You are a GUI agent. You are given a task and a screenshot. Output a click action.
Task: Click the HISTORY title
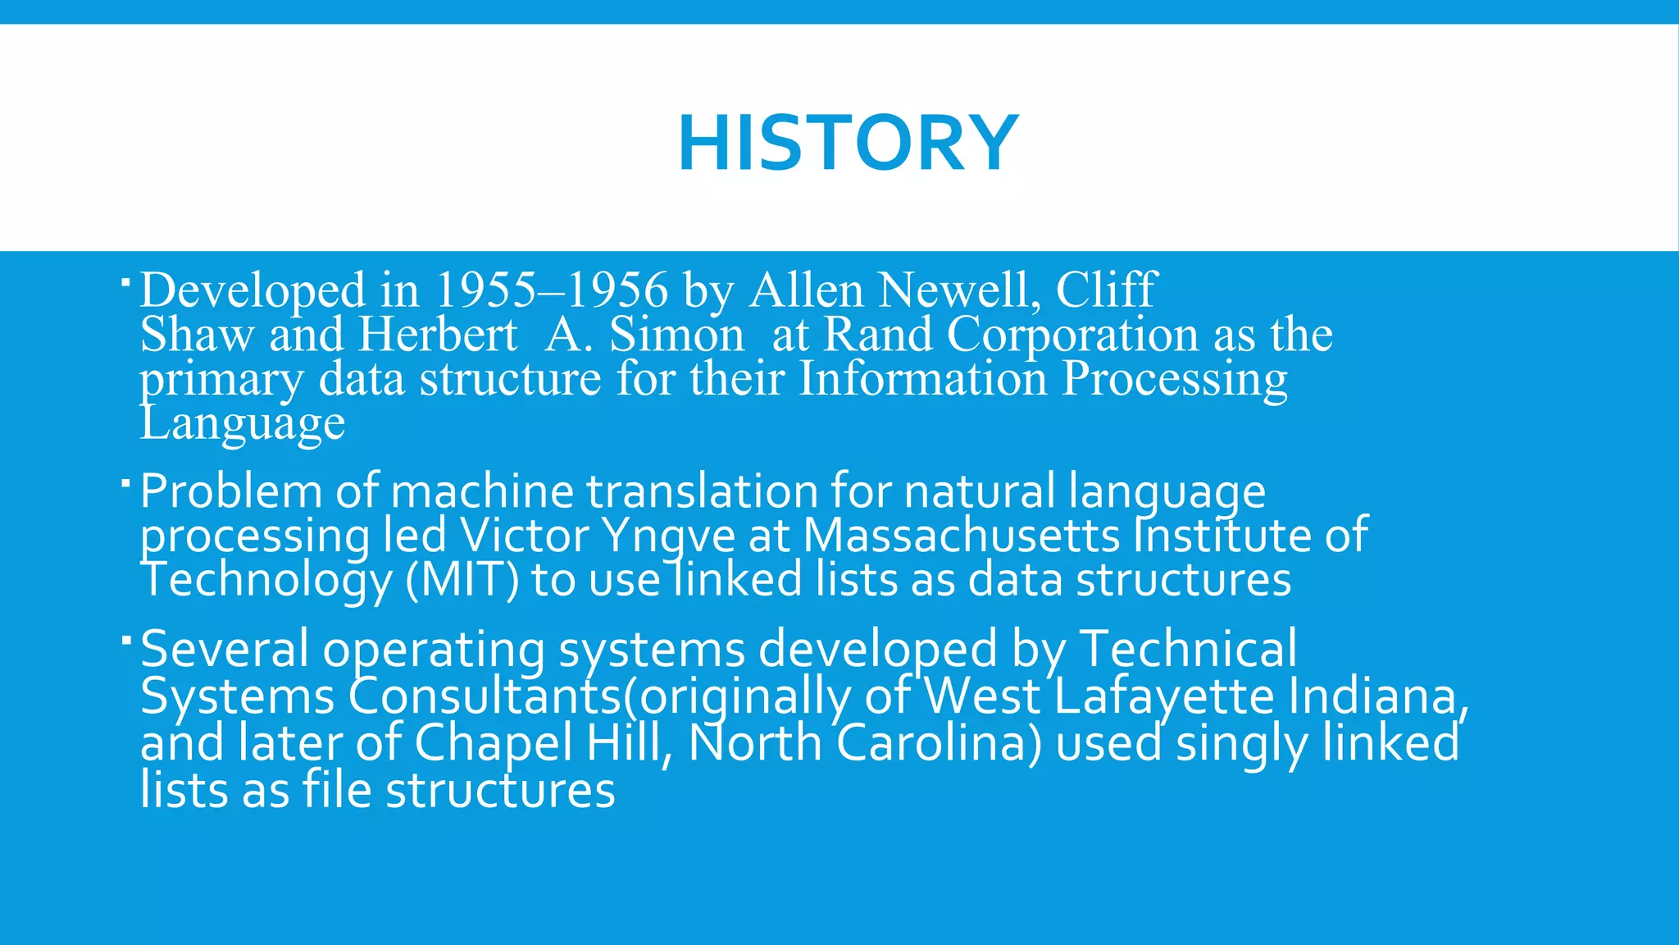(848, 144)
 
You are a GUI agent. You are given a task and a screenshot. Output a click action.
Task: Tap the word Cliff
(1106, 290)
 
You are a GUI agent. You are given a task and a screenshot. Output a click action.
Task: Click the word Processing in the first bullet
(1174, 380)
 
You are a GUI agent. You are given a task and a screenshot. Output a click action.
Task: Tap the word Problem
(232, 491)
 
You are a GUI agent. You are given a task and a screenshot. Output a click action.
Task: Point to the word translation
(702, 491)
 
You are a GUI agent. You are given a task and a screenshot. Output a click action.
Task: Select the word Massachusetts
(961, 536)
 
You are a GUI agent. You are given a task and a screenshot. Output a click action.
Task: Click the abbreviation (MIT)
(462, 580)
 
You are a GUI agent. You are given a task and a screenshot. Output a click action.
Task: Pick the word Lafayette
(1164, 696)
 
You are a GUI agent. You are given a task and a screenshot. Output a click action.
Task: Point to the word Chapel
(493, 743)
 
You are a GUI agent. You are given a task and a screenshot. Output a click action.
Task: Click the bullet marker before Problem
(125, 483)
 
